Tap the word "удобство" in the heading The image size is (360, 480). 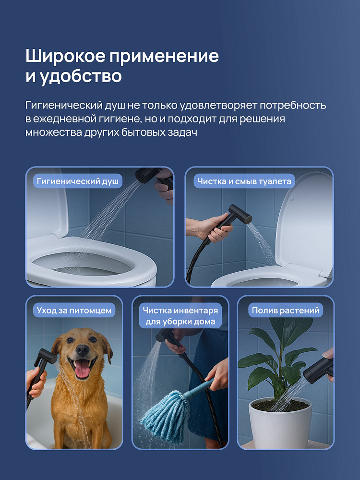tap(81, 76)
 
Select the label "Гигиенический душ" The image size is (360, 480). tap(77, 181)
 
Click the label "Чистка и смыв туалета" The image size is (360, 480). tap(244, 181)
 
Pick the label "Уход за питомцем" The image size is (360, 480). tap(74, 310)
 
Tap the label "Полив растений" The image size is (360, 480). tap(285, 310)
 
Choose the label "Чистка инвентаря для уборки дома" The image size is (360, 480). tap(180, 316)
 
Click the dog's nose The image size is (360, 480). tap(82, 349)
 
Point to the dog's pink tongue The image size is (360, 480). tap(83, 370)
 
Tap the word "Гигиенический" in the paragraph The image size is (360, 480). tap(64, 105)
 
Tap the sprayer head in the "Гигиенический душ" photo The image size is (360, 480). tap(148, 175)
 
